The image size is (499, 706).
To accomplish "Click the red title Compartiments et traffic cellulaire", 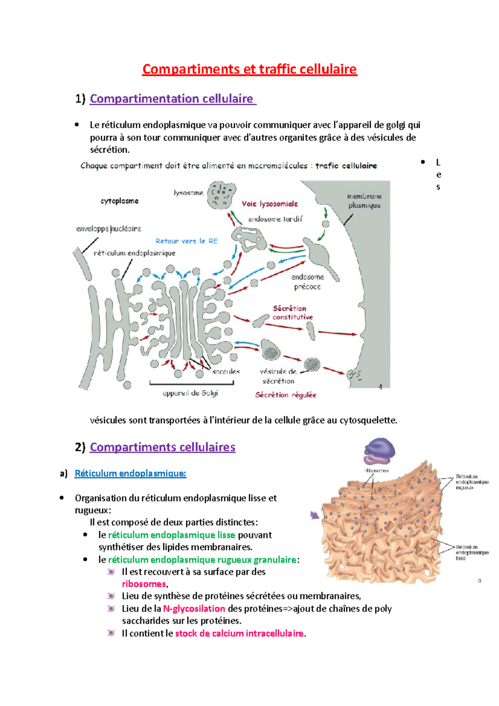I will point(249,69).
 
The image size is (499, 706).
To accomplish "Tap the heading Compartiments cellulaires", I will point(163,447).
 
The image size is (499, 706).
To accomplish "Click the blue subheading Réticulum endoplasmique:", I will point(130,473).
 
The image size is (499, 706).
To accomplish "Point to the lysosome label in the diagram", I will point(188,193).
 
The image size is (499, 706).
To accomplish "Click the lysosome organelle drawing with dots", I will point(221,195).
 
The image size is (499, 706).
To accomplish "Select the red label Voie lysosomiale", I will point(270,204).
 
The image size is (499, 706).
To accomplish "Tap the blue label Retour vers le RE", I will point(186,241).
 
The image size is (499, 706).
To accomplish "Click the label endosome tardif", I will point(275,219).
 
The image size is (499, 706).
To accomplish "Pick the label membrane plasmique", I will point(364,200).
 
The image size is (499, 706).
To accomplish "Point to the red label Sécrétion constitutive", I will point(292,313).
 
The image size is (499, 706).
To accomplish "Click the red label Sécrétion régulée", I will point(286,395).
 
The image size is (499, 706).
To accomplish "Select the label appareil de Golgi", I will point(190,393).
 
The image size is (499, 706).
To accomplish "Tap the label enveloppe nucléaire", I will point(109,229).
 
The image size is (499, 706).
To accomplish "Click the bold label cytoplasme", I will point(119,201).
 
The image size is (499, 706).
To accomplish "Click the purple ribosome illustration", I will point(379,451).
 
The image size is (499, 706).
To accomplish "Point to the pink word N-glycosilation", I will point(194,609).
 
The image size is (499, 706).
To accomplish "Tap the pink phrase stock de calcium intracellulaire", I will point(239,634).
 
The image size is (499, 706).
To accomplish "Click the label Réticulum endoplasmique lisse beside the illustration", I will point(472,553).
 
